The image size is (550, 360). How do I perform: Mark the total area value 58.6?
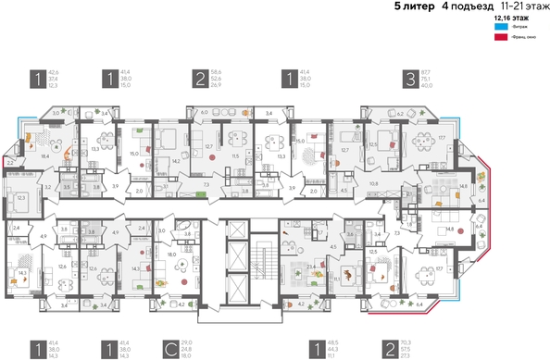click(216, 72)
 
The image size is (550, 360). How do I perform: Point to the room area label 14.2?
click(176, 160)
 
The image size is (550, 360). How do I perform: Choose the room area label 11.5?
click(235, 156)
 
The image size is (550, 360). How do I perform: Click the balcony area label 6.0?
click(204, 112)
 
